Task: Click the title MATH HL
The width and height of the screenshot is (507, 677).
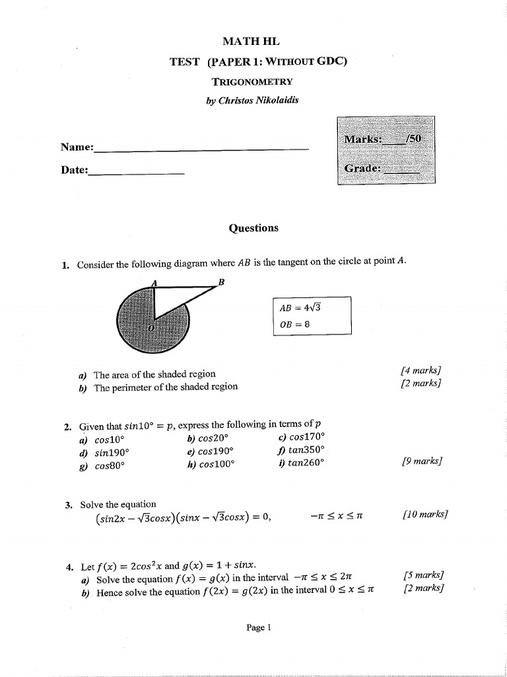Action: [x=252, y=42]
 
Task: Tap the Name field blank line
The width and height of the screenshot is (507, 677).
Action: [x=201, y=149]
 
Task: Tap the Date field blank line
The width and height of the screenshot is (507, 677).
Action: [x=136, y=172]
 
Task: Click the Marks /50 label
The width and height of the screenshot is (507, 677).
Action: [x=386, y=139]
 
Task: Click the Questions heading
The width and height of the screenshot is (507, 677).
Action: [x=253, y=228]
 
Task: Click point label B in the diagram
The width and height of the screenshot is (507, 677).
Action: [x=221, y=282]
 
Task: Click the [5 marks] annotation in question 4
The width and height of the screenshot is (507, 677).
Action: [x=422, y=575]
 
